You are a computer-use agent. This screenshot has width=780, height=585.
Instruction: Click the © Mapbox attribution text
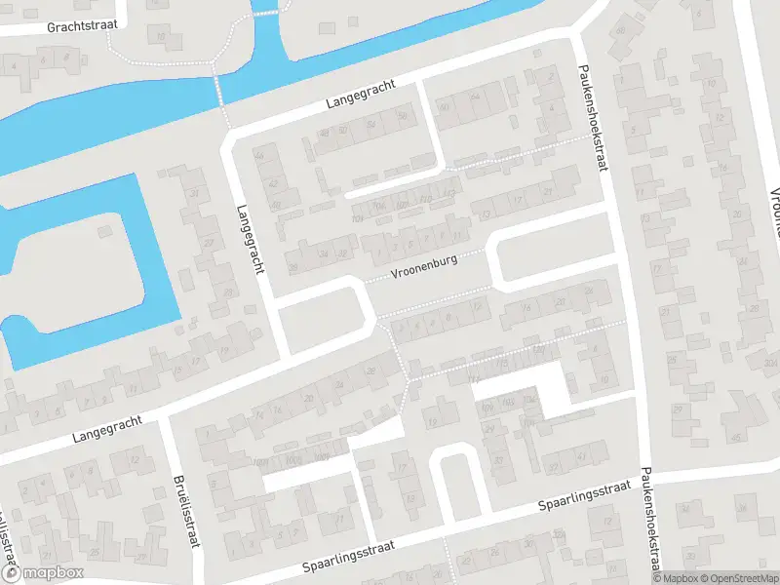tap(671, 578)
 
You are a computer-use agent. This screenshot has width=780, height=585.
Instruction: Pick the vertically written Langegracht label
tap(252, 239)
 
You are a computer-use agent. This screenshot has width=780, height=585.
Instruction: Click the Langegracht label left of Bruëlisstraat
tap(106, 430)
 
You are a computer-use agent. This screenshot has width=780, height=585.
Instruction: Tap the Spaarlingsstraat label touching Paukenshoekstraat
tap(587, 495)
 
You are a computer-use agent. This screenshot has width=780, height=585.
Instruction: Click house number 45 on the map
tap(736, 435)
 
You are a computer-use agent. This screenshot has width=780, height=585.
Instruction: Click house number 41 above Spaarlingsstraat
tap(581, 455)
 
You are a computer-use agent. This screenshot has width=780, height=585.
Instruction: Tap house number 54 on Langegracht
tap(370, 124)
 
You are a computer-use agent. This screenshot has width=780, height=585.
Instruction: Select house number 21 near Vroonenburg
tap(547, 193)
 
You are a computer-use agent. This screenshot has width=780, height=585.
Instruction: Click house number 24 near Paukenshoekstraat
tap(588, 292)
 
